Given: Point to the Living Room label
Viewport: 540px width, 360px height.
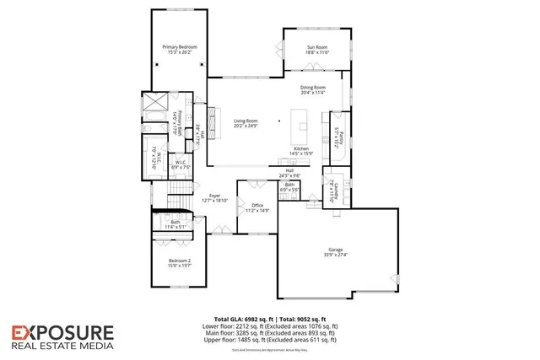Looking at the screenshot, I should tap(246, 121).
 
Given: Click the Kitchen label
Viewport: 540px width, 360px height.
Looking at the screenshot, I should tap(300, 149).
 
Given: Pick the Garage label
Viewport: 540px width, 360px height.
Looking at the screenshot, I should tap(336, 250).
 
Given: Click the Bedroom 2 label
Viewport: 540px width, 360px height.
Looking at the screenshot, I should tap(180, 261).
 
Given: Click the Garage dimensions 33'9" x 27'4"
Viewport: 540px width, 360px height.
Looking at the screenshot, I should tap(336, 255).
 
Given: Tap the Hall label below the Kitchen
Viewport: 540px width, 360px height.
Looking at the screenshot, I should tap(289, 171).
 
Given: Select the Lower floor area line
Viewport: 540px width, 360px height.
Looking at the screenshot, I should tap(270, 325).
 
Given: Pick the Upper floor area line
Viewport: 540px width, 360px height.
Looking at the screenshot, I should tap(270, 339).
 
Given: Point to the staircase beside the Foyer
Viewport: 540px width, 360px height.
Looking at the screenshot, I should tap(171, 207).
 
